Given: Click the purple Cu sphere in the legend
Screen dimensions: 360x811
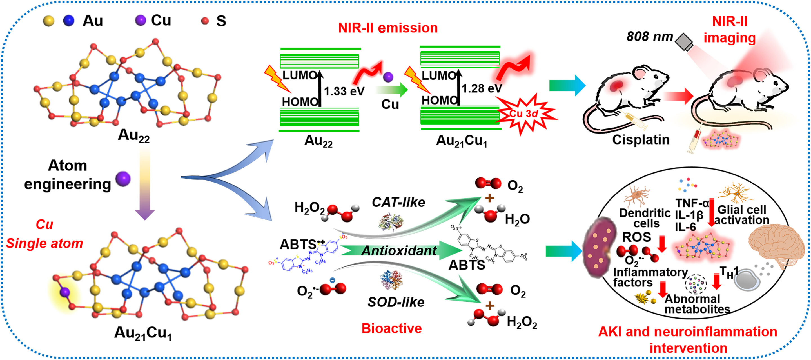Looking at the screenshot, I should click(141, 20).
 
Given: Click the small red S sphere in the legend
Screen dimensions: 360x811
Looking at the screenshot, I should click(205, 21).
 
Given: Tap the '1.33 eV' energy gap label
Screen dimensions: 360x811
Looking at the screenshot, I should click(344, 91).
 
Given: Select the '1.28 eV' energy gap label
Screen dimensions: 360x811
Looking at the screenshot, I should click(482, 88).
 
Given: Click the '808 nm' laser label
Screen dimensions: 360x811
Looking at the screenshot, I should click(649, 37).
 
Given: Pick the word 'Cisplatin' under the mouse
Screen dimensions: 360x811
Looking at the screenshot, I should click(641, 139).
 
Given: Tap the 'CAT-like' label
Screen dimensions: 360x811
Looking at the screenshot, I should click(398, 202).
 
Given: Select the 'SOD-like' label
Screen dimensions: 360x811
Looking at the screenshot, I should click(396, 302).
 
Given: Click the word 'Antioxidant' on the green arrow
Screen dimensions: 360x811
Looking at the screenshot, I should click(399, 251).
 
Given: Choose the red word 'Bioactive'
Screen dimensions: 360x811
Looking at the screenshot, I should click(391, 328).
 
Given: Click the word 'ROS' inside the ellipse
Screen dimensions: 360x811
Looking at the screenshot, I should click(637, 237).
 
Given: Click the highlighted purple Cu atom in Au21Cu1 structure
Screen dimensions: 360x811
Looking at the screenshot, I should click(65, 292).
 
